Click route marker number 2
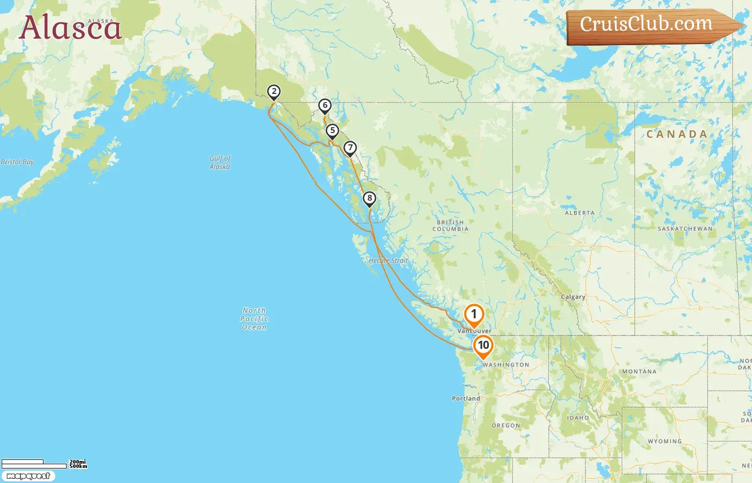[x=274, y=92]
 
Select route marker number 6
[x=324, y=106]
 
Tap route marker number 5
[x=332, y=131]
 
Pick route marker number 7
[x=350, y=148]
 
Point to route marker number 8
[x=369, y=199]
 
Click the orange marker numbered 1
[x=474, y=315]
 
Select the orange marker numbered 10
[x=483, y=346]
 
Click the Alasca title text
[x=70, y=28]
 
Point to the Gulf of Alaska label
[x=220, y=162]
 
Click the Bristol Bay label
[x=17, y=162]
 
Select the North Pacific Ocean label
[x=254, y=319]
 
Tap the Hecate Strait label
[x=388, y=261]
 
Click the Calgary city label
[x=573, y=297]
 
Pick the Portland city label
[x=466, y=399]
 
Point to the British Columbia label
[x=451, y=225]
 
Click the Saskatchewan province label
[x=685, y=229]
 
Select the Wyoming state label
[x=664, y=442]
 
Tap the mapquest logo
[x=28, y=476]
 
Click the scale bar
[x=34, y=464]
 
